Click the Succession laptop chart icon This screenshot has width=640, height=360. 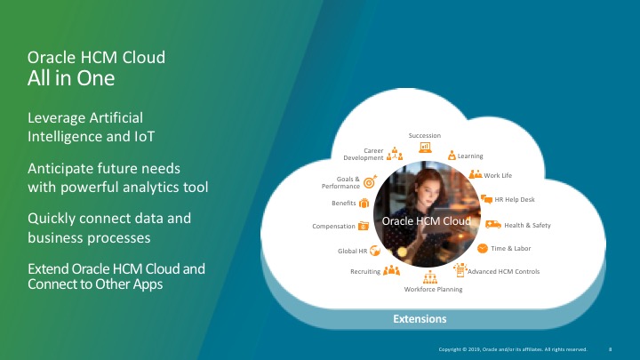[x=425, y=147]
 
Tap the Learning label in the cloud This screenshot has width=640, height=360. [x=470, y=156]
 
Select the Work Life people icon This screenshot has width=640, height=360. [x=475, y=174]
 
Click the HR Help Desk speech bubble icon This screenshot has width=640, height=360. [x=486, y=199]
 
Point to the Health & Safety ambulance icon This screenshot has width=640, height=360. [x=493, y=224]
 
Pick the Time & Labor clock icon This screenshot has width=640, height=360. [x=483, y=248]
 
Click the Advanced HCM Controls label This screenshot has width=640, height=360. [x=504, y=271]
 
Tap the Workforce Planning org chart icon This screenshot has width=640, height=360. [x=430, y=277]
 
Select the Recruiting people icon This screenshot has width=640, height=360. [x=391, y=270]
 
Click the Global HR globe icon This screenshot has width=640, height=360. [x=375, y=251]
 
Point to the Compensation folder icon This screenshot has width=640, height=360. [x=364, y=226]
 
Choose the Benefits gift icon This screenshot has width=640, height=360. [x=364, y=203]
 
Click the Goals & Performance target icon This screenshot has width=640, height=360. [x=370, y=181]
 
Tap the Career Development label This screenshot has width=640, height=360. [x=364, y=155]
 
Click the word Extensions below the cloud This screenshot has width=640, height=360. [x=420, y=319]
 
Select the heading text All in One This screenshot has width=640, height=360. [x=71, y=78]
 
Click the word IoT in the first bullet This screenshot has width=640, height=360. [x=145, y=136]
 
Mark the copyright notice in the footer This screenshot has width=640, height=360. [x=513, y=349]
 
